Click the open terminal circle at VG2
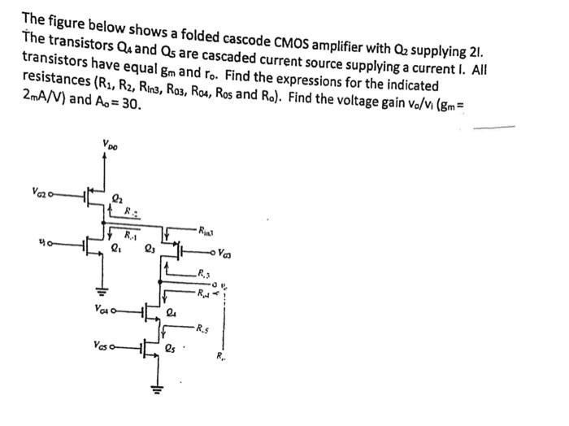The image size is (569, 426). (50, 195)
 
